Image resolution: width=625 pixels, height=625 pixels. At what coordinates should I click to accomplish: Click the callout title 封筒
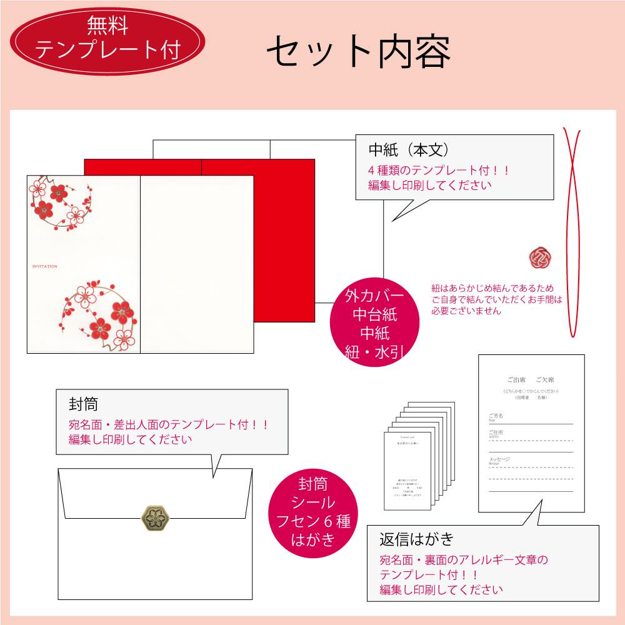[x=84, y=403]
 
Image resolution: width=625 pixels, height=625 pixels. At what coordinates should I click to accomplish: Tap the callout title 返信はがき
[x=416, y=539]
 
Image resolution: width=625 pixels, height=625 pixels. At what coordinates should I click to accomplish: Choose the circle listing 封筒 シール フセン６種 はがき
[x=312, y=511]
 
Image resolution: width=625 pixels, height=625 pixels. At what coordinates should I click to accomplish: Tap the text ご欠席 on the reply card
[x=545, y=380]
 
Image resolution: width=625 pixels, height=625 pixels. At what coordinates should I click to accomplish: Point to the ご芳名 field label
[x=496, y=415]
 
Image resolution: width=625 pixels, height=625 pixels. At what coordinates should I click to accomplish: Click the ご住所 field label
[x=496, y=432]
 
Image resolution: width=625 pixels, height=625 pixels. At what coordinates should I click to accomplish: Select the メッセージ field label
[x=499, y=459]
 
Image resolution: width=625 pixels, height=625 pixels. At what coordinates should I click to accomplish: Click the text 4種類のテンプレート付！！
[x=439, y=170]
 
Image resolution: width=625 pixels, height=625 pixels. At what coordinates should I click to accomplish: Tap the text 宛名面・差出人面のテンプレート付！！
[x=169, y=424]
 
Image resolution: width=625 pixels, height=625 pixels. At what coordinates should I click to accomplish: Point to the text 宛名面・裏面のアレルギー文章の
[x=464, y=560]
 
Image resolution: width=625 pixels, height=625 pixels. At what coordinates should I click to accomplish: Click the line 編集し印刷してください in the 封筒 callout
[x=131, y=439]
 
